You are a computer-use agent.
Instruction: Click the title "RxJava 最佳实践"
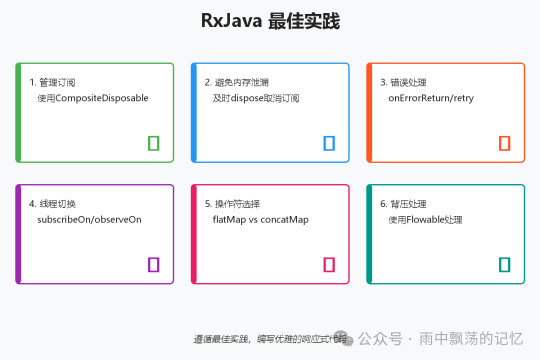point(270,21)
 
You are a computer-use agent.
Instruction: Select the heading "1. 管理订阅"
point(52,82)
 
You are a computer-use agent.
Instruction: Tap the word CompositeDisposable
point(102,98)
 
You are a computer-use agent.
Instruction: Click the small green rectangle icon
point(153,143)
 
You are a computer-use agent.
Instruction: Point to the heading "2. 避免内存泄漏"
point(236,82)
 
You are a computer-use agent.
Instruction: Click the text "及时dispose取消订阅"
point(255,98)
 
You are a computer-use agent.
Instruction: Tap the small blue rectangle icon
point(329,143)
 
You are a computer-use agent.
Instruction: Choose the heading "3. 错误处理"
point(403,82)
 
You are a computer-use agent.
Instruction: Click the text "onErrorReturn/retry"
point(430,98)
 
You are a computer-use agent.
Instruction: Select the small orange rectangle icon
point(504,143)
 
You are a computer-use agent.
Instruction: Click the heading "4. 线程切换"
point(52,204)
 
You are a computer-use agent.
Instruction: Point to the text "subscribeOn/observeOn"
point(89,219)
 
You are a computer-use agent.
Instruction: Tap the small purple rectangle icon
point(153,264)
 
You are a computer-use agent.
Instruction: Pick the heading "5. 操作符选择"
point(232,204)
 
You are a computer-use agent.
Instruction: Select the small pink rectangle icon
point(329,264)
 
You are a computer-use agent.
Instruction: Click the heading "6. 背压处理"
point(403,204)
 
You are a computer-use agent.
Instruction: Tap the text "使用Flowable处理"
point(425,219)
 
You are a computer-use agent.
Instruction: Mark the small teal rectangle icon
point(504,264)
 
